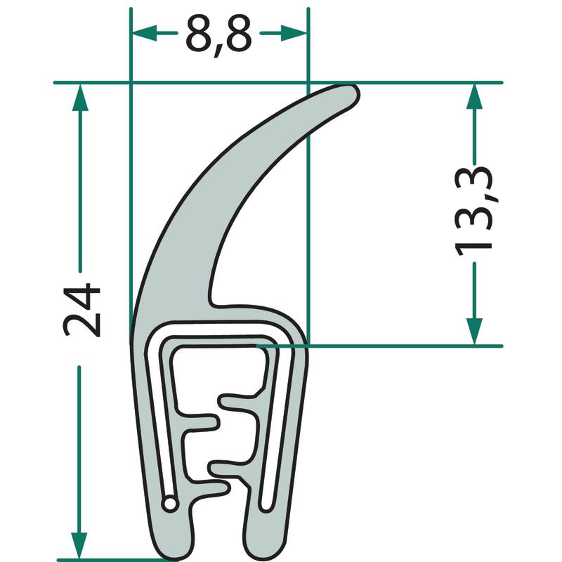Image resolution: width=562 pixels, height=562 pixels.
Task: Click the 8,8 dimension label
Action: (x=218, y=35)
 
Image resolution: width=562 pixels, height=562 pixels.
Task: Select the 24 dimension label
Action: (x=81, y=310)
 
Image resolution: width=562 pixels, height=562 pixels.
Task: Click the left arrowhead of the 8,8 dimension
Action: (x=145, y=33)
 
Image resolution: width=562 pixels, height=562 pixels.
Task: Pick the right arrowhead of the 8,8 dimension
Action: (x=294, y=33)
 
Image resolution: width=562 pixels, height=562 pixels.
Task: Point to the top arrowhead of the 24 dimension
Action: (x=80, y=98)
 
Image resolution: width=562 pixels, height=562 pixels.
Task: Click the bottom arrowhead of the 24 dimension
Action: (x=79, y=545)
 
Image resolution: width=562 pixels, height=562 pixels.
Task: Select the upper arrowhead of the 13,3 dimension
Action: (x=474, y=96)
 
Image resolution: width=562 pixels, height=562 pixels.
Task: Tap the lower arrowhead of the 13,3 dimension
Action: (x=474, y=332)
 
